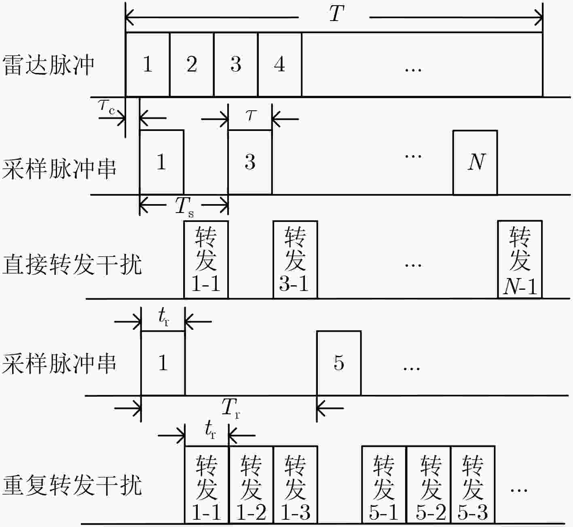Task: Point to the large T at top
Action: tap(336, 14)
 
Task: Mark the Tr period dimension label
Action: tap(231, 408)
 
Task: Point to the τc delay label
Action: tap(107, 107)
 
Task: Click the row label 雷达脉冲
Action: tap(48, 65)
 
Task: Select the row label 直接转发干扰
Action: tap(72, 265)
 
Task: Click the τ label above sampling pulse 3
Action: tap(250, 116)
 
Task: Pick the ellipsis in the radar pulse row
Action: tap(413, 70)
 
